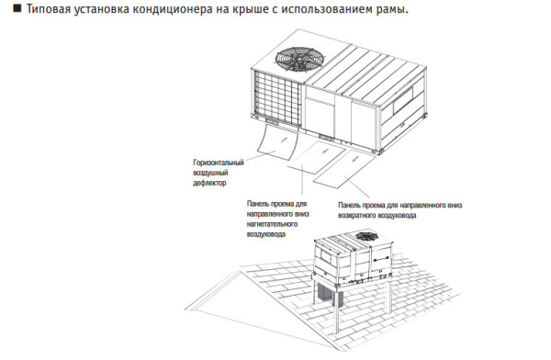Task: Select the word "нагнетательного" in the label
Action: click(277, 223)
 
